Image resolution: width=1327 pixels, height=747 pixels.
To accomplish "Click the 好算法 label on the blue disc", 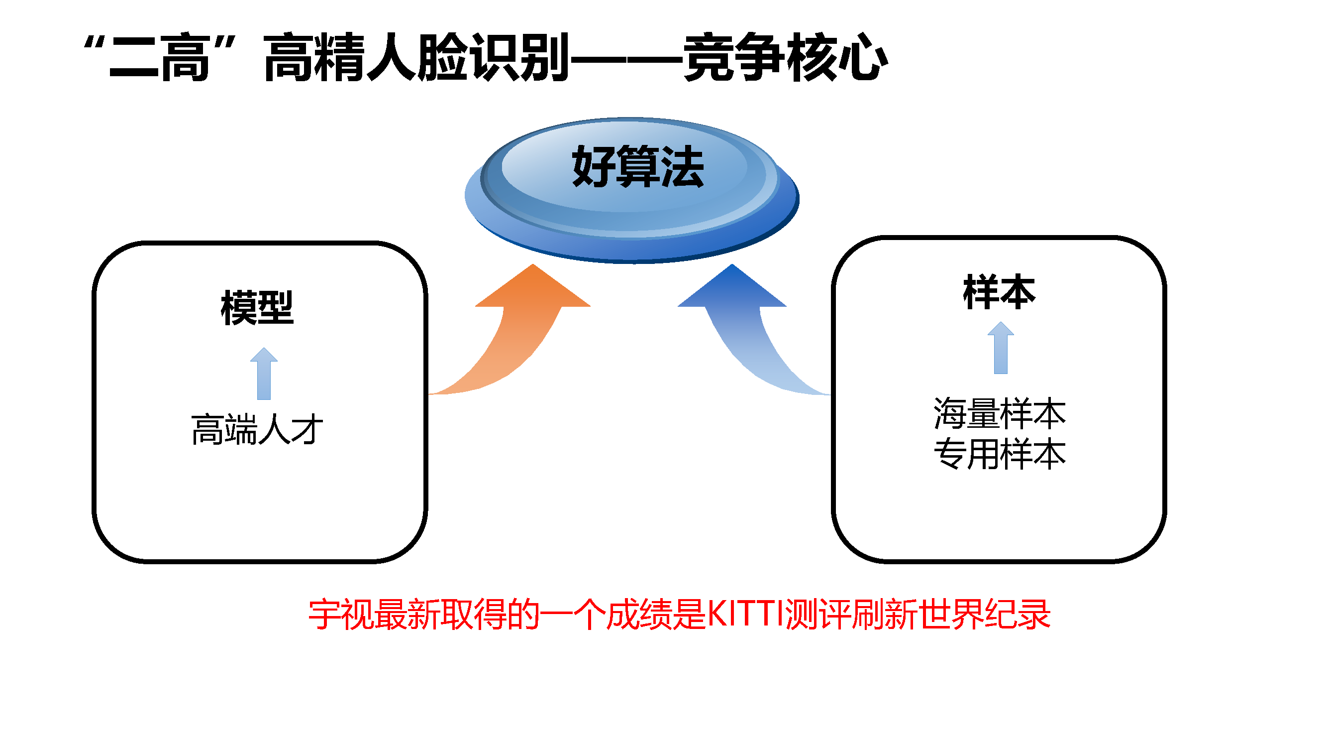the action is click(638, 166).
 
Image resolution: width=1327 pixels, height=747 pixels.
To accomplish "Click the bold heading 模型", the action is click(257, 307).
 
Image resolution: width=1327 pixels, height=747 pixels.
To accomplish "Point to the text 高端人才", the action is click(257, 429).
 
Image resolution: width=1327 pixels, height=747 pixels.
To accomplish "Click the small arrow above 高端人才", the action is click(264, 374).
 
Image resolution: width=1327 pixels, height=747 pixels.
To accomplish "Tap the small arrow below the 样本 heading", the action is click(1001, 348).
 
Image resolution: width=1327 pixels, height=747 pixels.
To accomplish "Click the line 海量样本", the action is click(1000, 413).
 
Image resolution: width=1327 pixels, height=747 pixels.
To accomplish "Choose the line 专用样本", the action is click(1000, 454).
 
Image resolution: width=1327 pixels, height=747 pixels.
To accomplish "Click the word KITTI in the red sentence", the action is click(746, 614).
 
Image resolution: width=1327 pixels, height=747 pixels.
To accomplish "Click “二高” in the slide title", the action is click(159, 56).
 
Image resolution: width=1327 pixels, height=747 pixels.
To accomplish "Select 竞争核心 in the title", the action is click(786, 56).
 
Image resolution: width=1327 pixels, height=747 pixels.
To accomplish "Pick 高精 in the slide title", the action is click(314, 56).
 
